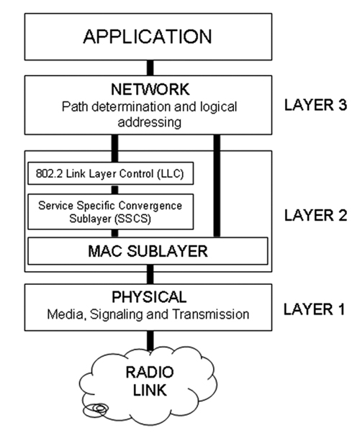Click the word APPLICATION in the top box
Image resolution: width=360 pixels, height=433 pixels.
click(148, 37)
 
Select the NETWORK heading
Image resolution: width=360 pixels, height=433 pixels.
click(150, 89)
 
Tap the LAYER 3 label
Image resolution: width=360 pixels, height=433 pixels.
click(315, 105)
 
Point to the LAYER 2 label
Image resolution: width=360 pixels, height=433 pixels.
click(315, 215)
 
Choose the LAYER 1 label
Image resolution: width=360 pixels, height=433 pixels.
click(315, 309)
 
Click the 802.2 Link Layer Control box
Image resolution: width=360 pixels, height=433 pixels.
click(111, 173)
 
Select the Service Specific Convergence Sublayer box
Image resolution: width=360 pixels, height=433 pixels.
click(111, 211)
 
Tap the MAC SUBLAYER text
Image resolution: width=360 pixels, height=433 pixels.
click(148, 251)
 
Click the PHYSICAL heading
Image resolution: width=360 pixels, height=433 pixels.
click(149, 297)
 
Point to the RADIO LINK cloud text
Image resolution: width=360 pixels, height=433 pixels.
click(150, 381)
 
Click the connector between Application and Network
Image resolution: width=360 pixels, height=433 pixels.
click(150, 68)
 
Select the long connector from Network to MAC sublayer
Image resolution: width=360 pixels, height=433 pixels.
click(217, 186)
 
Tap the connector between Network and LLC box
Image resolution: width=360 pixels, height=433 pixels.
click(114, 149)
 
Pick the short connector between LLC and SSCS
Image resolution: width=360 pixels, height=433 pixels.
click(114, 189)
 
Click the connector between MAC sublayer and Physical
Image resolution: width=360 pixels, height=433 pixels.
click(150, 275)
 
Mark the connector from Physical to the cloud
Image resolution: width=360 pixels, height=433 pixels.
click(150, 341)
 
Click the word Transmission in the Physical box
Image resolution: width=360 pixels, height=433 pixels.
click(211, 314)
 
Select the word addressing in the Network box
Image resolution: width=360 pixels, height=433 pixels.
click(150, 122)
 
